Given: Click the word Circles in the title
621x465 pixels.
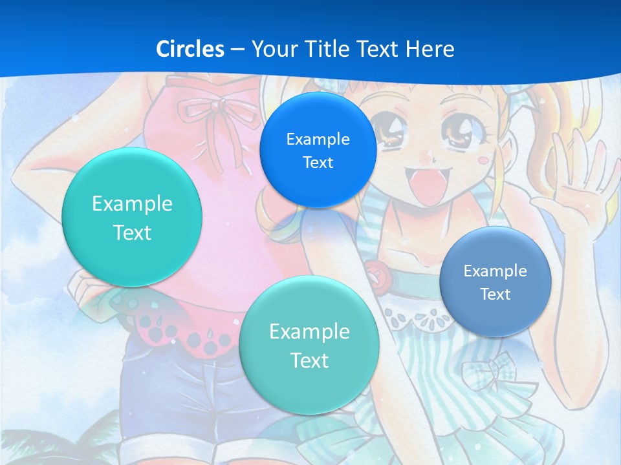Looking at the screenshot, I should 190,49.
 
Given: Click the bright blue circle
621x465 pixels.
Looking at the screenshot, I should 318,150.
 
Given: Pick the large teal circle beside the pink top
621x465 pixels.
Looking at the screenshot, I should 132,217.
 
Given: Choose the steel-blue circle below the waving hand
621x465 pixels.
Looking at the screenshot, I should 495,282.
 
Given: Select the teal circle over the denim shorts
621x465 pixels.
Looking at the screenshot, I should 309,345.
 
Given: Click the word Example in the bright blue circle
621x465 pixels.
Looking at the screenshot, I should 318,139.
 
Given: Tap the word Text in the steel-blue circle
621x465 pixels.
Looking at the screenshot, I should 496,294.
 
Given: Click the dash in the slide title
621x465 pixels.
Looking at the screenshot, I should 237,49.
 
